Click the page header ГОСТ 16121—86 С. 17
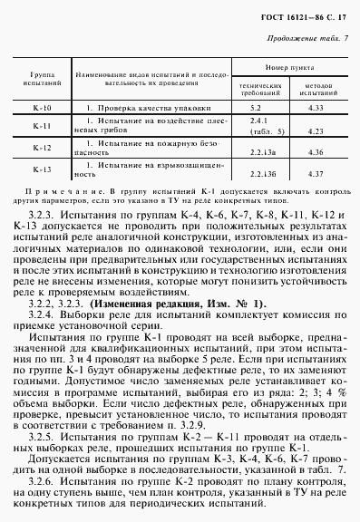point(300,16)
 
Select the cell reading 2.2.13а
point(262,151)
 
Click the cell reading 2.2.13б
point(262,172)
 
